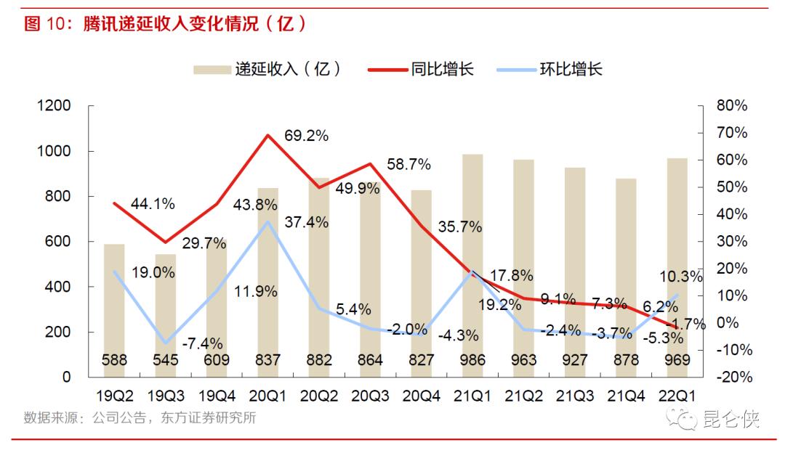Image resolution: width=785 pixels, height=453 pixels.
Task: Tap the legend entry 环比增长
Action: (x=571, y=70)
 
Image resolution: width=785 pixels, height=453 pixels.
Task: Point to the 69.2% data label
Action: (x=307, y=136)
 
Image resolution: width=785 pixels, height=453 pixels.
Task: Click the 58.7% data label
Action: (x=409, y=164)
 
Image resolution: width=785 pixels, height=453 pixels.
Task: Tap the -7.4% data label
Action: (x=202, y=343)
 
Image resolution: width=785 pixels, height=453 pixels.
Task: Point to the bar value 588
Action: (x=115, y=360)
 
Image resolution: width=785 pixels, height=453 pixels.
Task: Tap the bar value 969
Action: (x=677, y=360)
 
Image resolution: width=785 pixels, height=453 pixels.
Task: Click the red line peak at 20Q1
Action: (x=268, y=135)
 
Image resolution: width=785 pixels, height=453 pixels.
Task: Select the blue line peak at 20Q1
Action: (x=268, y=221)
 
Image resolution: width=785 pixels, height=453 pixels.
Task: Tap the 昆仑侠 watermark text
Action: (x=730, y=419)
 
